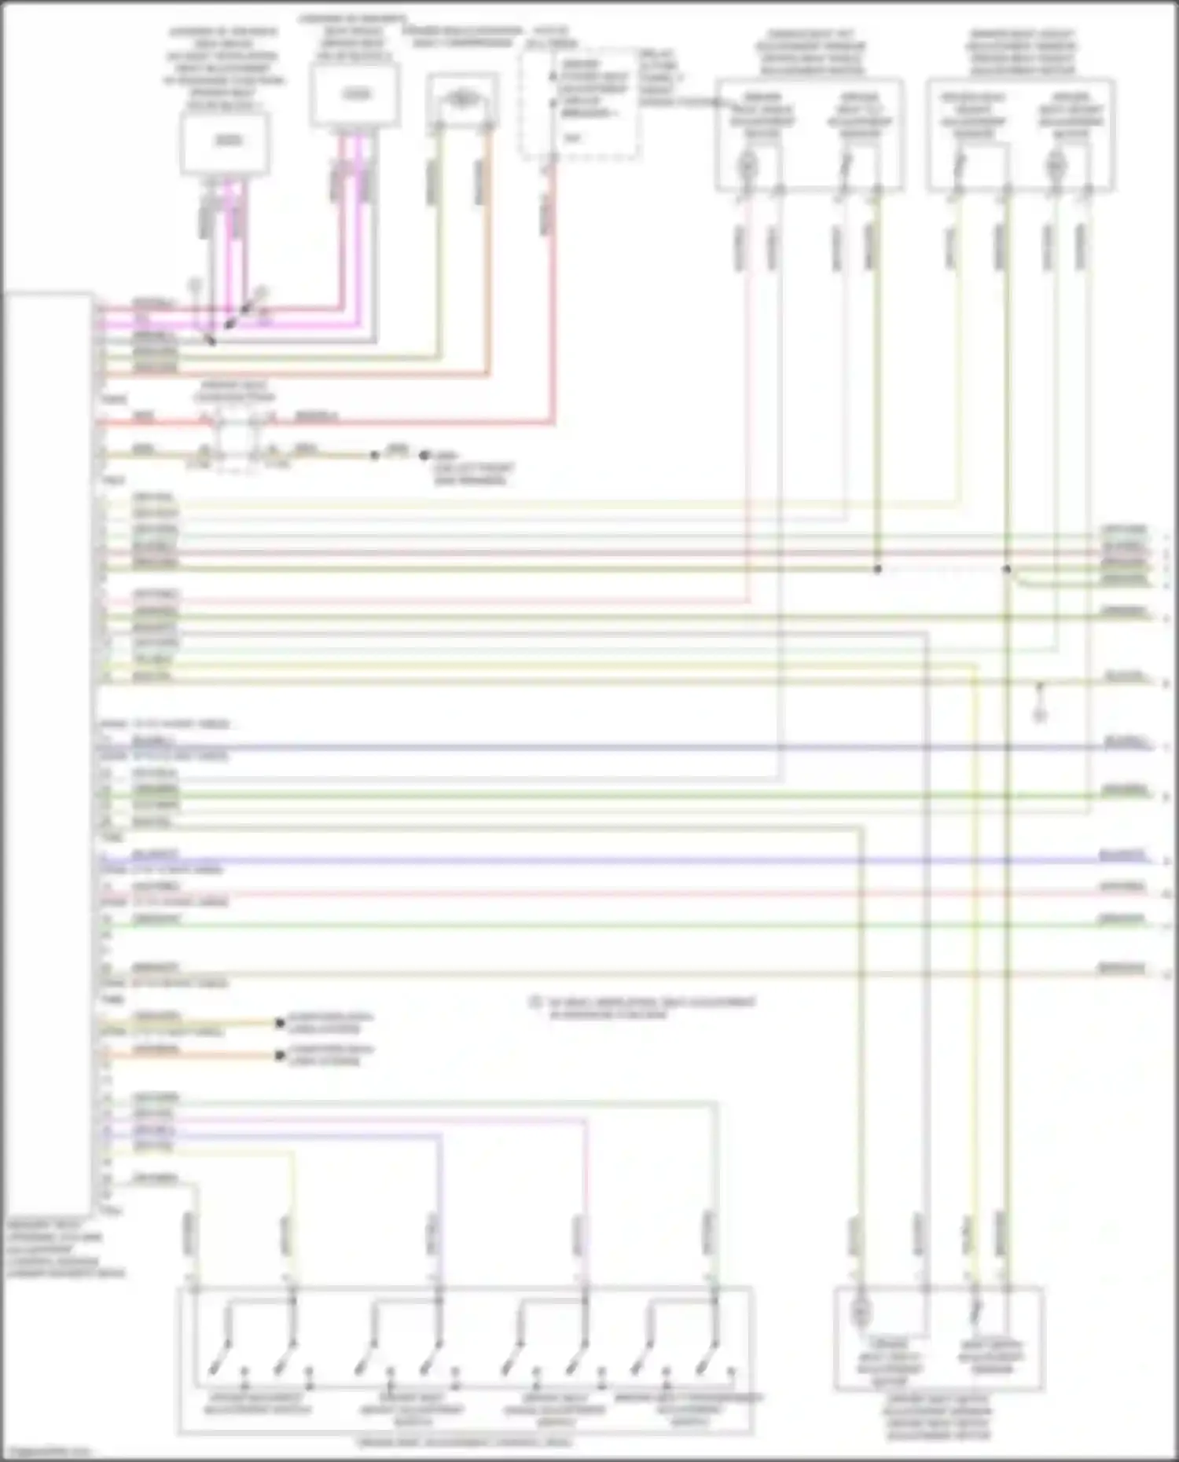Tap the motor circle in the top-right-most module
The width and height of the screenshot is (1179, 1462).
(x=1054, y=165)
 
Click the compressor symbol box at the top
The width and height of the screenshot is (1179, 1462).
(x=462, y=98)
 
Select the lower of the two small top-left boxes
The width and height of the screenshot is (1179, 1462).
(x=225, y=141)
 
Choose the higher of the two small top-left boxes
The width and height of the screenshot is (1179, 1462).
(x=354, y=95)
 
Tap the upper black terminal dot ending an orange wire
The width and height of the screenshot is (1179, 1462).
(x=279, y=1023)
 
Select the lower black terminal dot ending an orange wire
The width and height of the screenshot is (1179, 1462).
(x=279, y=1055)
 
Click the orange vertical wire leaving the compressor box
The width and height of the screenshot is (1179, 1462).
(x=487, y=251)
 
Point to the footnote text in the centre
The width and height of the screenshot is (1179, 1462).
(x=645, y=1007)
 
